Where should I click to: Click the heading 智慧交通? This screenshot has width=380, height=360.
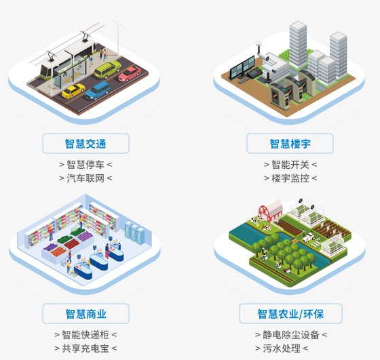tap(85, 144)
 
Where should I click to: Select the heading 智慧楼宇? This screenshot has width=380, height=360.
tap(290, 144)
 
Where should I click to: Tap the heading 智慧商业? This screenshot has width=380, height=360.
tap(85, 314)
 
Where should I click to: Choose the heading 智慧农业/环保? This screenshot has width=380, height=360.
tap(290, 314)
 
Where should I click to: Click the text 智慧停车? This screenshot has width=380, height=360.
tap(85, 165)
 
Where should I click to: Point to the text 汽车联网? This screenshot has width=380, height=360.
tap(85, 178)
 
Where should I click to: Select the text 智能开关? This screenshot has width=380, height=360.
tap(290, 165)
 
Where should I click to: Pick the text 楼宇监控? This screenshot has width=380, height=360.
tap(290, 178)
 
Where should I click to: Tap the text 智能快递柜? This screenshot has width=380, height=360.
tap(85, 335)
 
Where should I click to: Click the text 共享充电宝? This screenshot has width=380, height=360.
tap(85, 348)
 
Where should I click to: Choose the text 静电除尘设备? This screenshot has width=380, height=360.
tap(291, 335)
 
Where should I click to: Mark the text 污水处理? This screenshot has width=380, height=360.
tap(282, 348)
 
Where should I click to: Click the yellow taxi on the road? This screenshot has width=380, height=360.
tap(73, 91)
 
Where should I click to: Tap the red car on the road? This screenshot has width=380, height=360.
tap(130, 74)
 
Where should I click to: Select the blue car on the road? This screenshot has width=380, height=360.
tap(98, 91)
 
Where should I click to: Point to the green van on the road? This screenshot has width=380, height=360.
tap(107, 70)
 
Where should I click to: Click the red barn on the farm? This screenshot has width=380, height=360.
tap(271, 210)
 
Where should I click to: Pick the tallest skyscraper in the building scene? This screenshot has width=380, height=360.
tap(298, 45)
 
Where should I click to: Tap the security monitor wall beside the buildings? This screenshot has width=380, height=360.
tap(242, 67)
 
